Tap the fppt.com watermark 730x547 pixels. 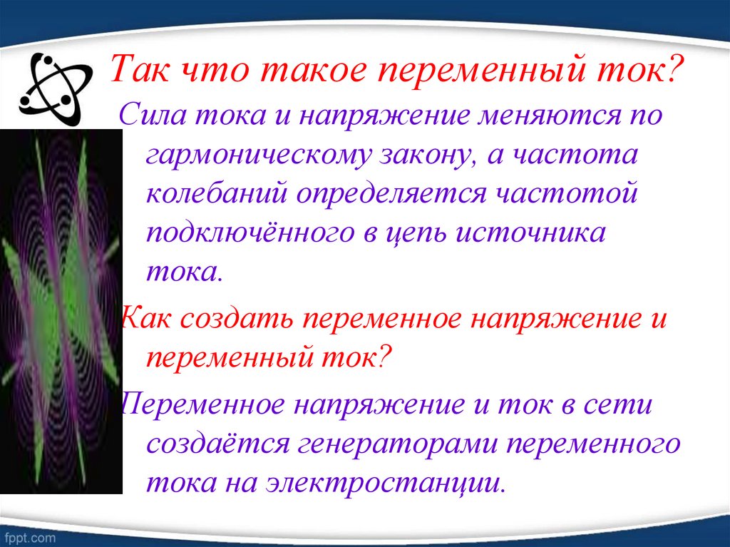pyautogui.click(x=29, y=535)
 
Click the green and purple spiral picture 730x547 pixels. pyautogui.click(x=61, y=310)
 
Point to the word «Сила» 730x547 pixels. pyautogui.click(x=151, y=116)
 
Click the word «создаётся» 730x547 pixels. pyautogui.click(x=217, y=444)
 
